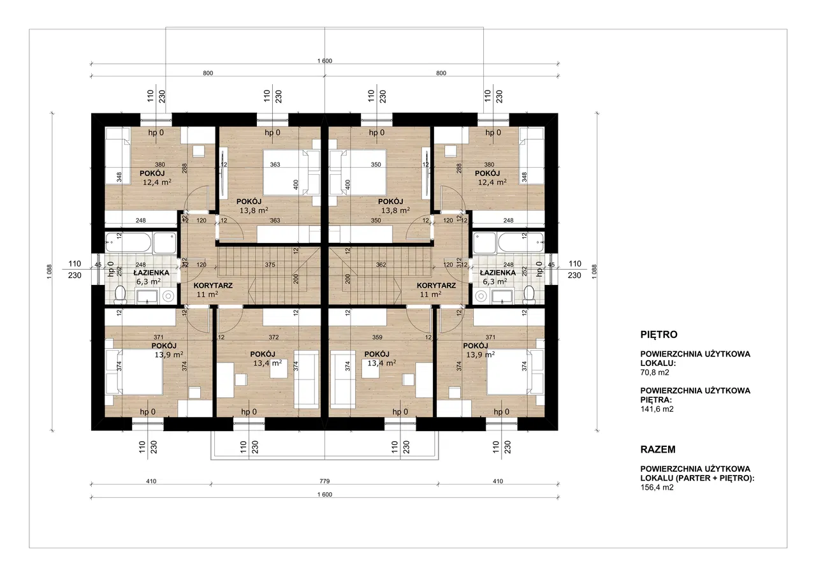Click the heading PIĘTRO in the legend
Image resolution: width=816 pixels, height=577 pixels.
click(x=659, y=334)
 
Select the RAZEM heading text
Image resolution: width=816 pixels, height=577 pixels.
click(x=658, y=449)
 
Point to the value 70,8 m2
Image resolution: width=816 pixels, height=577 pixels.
click(x=655, y=372)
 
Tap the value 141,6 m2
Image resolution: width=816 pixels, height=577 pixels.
click(x=657, y=409)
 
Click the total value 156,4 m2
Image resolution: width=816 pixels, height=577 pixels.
click(x=657, y=487)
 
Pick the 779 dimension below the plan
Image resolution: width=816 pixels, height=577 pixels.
click(x=324, y=481)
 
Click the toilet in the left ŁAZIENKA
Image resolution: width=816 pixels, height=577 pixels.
click(x=120, y=295)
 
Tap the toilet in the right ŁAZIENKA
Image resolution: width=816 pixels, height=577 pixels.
click(x=529, y=295)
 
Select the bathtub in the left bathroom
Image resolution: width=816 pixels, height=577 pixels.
click(x=128, y=242)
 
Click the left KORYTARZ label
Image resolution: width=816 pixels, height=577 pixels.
click(x=213, y=285)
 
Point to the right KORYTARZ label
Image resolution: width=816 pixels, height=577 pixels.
click(x=436, y=285)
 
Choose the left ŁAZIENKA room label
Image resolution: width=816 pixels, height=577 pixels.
click(x=151, y=272)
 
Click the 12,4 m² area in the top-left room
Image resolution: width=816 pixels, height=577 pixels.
click(x=157, y=182)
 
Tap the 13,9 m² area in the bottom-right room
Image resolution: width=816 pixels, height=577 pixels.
click(x=481, y=354)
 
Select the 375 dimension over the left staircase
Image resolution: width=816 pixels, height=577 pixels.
click(x=270, y=265)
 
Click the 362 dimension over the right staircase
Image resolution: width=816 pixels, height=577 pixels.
click(x=381, y=265)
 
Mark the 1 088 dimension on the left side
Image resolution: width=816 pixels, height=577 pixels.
click(x=50, y=272)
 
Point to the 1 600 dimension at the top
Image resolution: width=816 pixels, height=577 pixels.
click(x=324, y=61)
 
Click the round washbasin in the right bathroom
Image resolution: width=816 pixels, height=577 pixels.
click(x=481, y=296)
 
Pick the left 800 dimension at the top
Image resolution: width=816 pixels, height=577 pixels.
click(x=208, y=73)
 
